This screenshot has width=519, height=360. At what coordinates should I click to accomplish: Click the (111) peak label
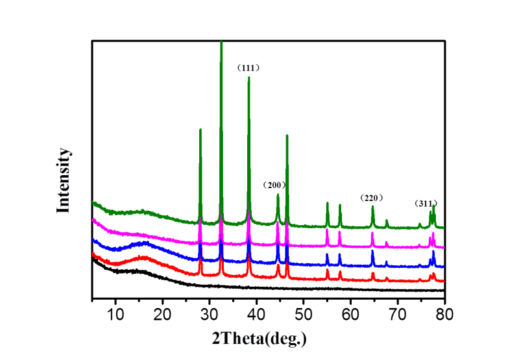pos(248,67)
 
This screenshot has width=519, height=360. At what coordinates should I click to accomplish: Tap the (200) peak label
pos(274,185)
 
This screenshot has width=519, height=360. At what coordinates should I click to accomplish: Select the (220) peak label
pos(372,197)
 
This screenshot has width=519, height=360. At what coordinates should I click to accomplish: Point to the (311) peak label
pos(426,204)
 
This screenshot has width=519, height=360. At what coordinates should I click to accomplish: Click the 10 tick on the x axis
pos(115,315)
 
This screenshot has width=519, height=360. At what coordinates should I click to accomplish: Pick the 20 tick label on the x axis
pos(162,315)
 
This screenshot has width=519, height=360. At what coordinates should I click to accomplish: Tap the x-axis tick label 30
pos(210,315)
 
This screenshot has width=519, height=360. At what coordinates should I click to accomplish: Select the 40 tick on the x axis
pos(257,315)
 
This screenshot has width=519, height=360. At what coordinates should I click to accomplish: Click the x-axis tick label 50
pos(304,315)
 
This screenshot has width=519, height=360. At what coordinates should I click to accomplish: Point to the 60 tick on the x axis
pos(351,315)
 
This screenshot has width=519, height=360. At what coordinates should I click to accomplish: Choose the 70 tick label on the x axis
pos(398,315)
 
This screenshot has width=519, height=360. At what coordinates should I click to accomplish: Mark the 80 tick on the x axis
pos(444,315)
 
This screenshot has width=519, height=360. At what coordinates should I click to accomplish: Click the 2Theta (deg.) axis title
pos(259,338)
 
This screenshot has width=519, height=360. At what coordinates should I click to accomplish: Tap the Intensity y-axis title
pos(63,181)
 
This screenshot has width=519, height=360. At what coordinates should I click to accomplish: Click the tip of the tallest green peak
pos(221,42)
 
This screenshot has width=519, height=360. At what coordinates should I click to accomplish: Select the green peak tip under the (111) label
pos(248,77)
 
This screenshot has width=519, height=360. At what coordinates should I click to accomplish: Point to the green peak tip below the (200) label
pos(278,194)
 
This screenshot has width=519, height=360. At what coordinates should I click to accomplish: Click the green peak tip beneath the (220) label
pos(372,207)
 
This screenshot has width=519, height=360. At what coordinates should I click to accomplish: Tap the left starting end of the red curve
pos(93,254)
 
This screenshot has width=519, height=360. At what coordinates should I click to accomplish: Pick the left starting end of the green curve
pos(93,202)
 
